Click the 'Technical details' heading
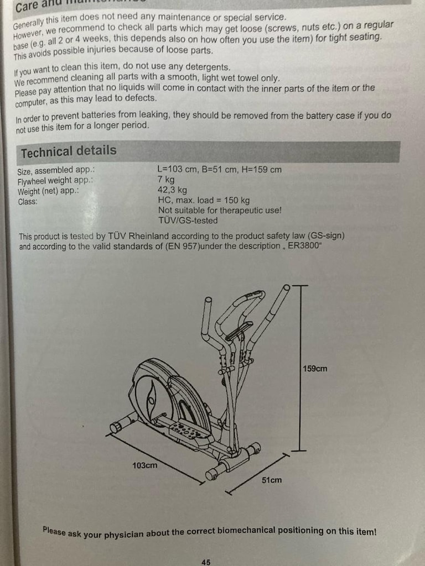click(x=69, y=151)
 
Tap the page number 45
click(x=206, y=562)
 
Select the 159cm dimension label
click(x=315, y=369)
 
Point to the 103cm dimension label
click(x=144, y=465)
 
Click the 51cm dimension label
click(x=271, y=480)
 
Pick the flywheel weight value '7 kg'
click(x=166, y=180)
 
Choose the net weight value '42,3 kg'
click(x=173, y=190)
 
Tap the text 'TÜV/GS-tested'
click(x=188, y=220)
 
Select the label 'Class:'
click(x=28, y=202)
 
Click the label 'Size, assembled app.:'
click(x=56, y=171)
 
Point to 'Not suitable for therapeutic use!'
click(x=220, y=210)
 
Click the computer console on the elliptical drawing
click(x=239, y=331)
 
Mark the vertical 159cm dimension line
click(x=299, y=368)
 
